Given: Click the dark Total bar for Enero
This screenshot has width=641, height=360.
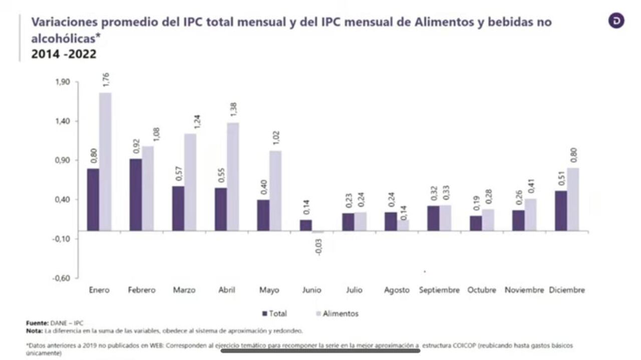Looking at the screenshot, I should pos(93,199).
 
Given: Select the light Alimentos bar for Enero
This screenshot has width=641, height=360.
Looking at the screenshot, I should pos(105,161).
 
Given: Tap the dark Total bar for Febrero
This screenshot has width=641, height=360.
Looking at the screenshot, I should pos(135,194).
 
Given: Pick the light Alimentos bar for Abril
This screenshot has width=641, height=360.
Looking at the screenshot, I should pos(233,176).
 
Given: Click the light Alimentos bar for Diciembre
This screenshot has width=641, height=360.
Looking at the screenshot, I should pos(573,199).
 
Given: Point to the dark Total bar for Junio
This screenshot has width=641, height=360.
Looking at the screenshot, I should pos(305,225).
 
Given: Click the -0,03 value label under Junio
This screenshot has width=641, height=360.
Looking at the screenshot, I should pos(318,246).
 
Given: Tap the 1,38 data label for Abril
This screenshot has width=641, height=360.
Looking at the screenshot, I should pos(233,110).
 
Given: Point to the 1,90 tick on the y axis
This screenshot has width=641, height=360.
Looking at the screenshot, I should pos(63,82).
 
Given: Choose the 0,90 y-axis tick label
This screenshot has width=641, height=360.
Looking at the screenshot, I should pos(63,160).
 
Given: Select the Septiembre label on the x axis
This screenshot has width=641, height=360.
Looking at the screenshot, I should pos(439,290).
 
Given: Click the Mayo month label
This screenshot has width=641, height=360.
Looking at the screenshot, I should pos(269,290).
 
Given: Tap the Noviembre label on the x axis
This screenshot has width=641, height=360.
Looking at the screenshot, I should pos(524,290).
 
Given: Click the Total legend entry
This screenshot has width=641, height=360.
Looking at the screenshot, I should pos(275,313).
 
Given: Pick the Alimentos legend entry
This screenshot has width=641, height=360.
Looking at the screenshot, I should pos(336,313).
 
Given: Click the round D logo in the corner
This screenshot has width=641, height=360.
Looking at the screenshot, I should pos(616,21).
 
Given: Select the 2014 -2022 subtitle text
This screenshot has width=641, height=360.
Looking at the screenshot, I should pos(64,54).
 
